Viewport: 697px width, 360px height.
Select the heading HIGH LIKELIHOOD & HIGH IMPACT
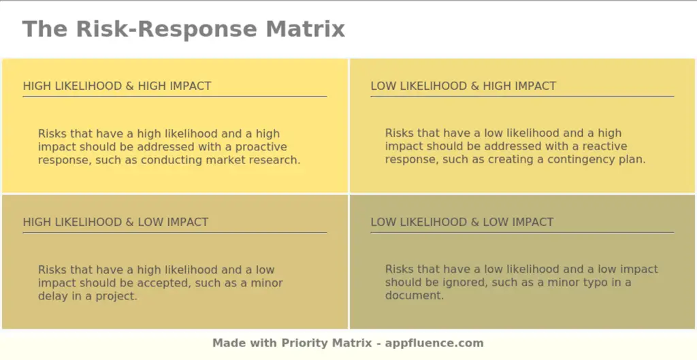coord(117,86)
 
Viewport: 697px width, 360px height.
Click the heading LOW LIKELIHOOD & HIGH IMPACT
coord(464,86)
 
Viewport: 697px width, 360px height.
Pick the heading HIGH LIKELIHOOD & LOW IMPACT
coord(116,222)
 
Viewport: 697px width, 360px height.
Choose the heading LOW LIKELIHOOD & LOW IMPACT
coord(462,222)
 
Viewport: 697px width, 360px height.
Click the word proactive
coord(261,147)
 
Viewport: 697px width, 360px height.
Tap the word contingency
coord(562,160)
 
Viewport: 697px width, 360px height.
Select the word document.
coord(414,296)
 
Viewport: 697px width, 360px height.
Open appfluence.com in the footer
coord(435,343)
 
